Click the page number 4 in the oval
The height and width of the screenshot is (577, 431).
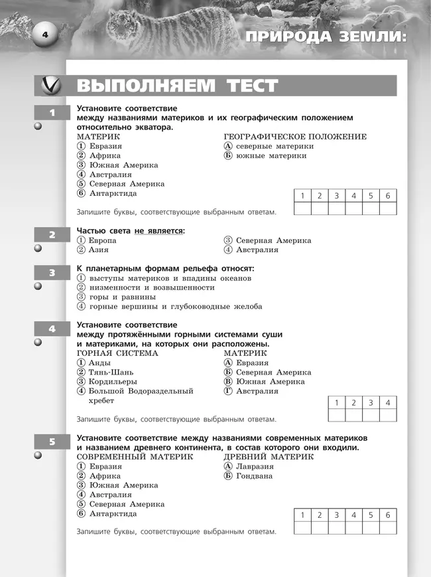[x=46, y=35]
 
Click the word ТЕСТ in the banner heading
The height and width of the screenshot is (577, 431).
[x=245, y=86]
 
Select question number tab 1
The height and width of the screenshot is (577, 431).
[x=52, y=112]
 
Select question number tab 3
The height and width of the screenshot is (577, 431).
[x=52, y=272]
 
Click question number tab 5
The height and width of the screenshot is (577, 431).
[x=52, y=442]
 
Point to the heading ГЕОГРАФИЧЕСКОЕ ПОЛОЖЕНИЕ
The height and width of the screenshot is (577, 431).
[x=294, y=137]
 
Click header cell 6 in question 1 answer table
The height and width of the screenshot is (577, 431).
[x=388, y=196]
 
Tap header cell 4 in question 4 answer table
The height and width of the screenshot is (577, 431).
[x=388, y=403]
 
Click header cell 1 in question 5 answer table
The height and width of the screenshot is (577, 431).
[x=302, y=515]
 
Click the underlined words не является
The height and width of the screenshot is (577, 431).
[x=158, y=230]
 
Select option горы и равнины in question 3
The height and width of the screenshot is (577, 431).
[x=116, y=297]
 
